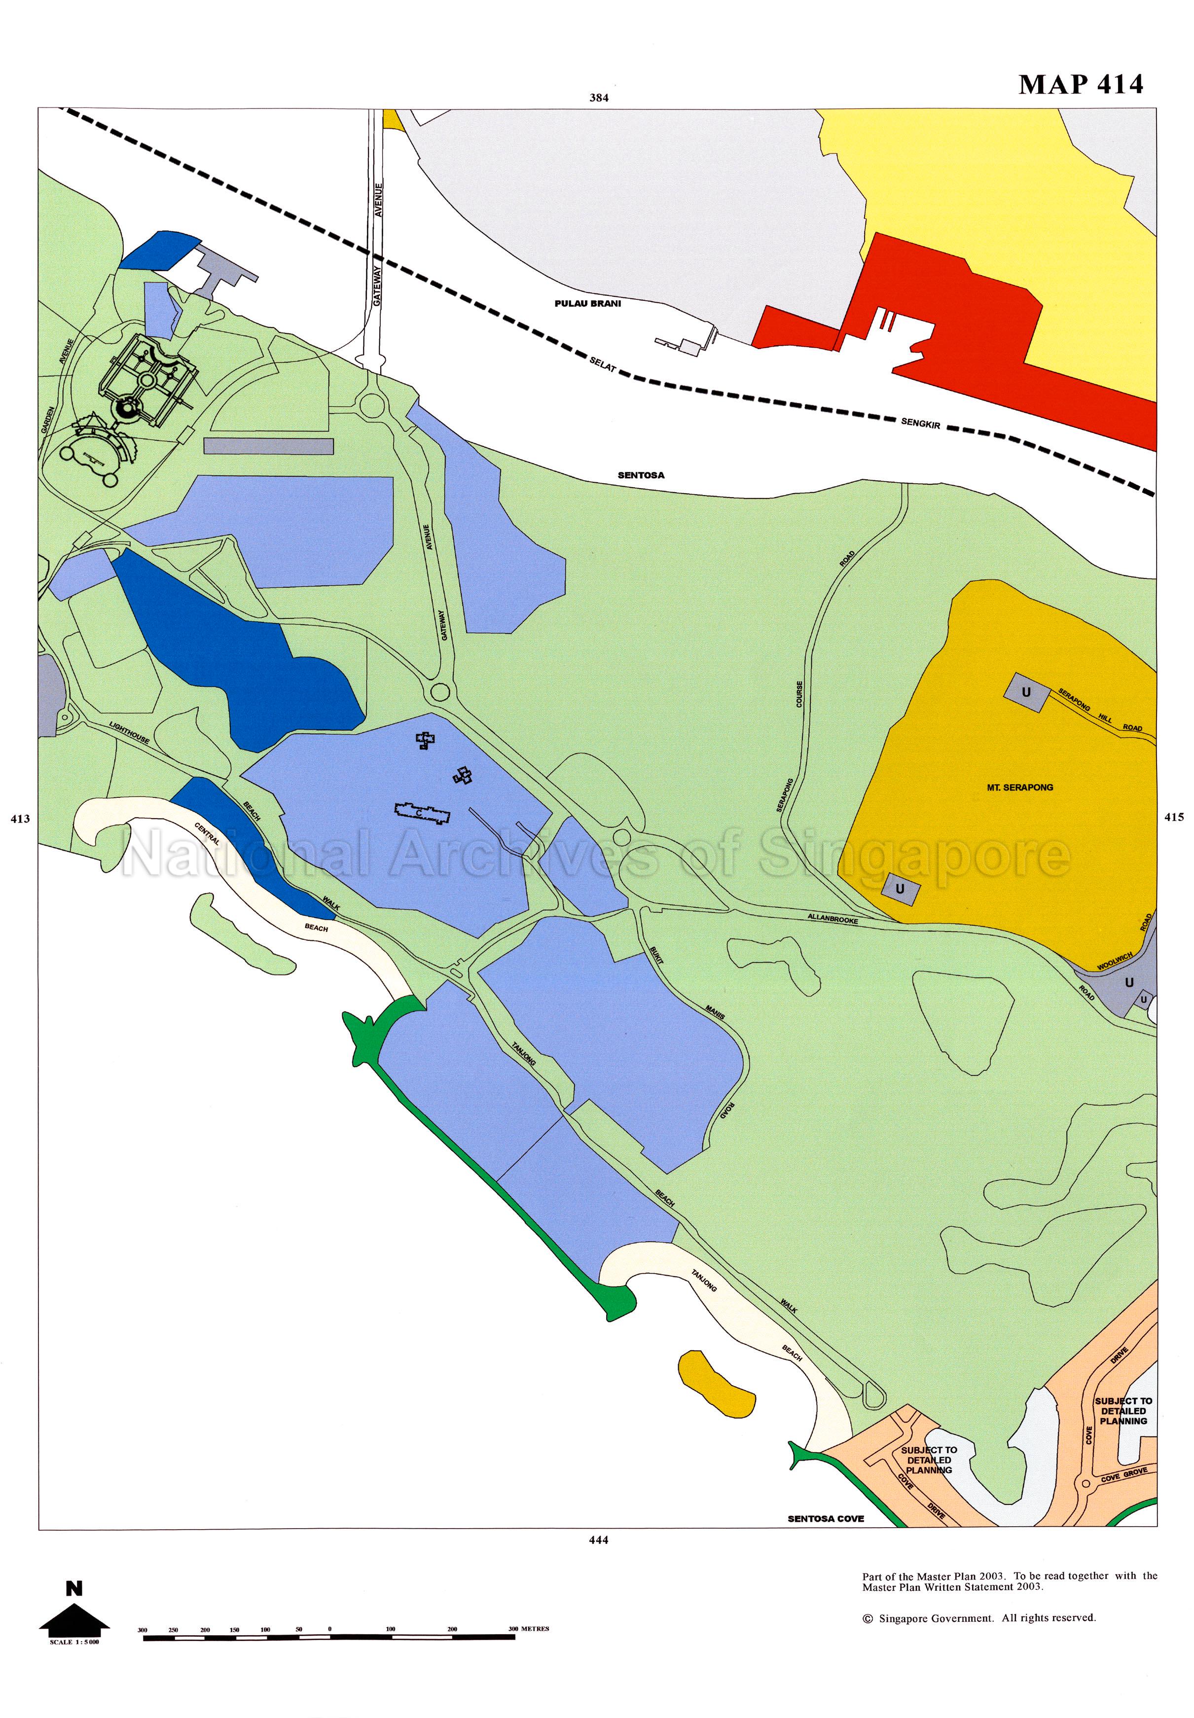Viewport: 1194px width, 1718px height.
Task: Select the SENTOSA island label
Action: pyautogui.click(x=640, y=475)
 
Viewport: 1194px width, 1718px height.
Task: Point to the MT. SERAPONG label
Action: pyautogui.click(x=1020, y=787)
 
